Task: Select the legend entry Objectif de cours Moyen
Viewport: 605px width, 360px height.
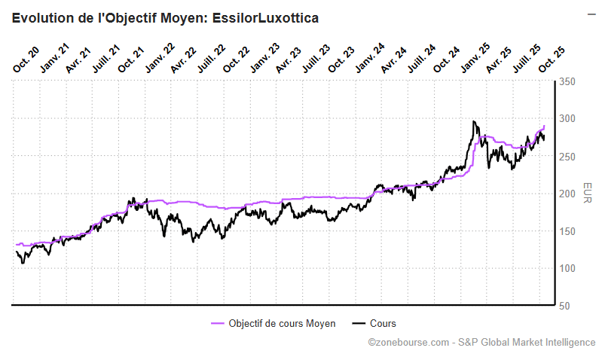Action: [x=282, y=323]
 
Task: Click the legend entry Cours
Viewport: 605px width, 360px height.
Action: [x=383, y=323]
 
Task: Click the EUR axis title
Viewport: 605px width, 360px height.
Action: [x=588, y=193]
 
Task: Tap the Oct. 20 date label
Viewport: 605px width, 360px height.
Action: [x=26, y=60]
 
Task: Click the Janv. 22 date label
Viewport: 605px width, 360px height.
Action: [x=160, y=59]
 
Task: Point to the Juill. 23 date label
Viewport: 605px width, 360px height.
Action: [x=316, y=58]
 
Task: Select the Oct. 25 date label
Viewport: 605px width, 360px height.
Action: [x=552, y=60]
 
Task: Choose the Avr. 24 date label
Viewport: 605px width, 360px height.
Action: [x=395, y=59]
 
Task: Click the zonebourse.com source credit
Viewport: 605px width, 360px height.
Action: [x=481, y=342]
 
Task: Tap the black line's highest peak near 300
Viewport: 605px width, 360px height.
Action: [x=474, y=122]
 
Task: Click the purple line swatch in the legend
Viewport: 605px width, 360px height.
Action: [x=217, y=323]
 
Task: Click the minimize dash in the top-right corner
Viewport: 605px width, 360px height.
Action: [x=591, y=14]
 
